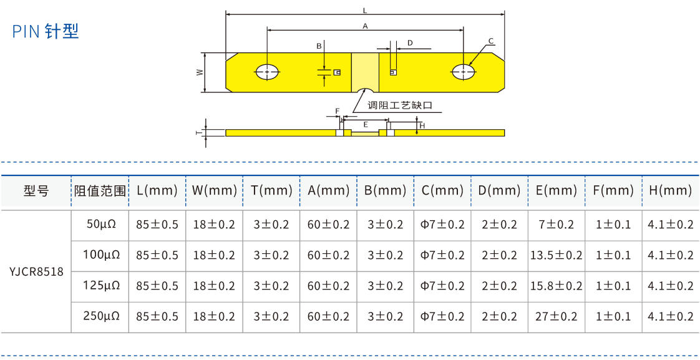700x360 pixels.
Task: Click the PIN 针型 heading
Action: tap(46, 31)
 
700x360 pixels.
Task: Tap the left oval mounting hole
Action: tap(268, 72)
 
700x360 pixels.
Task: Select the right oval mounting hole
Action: tap(463, 72)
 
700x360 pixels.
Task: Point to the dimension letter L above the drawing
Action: tap(365, 11)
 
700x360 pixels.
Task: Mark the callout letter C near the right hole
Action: tap(491, 41)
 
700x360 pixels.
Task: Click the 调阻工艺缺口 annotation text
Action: tap(399, 105)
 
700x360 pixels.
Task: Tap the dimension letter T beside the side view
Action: tap(198, 132)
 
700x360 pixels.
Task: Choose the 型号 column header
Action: tap(36, 191)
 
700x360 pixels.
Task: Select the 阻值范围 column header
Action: tap(100, 191)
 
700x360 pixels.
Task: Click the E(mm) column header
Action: tap(556, 191)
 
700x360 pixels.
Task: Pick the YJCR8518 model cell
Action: tap(36, 271)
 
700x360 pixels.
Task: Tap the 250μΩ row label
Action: tap(101, 316)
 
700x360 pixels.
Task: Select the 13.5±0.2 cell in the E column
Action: tap(556, 255)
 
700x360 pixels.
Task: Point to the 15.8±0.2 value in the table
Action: tap(556, 286)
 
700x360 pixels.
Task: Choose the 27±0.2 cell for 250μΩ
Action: tap(556, 316)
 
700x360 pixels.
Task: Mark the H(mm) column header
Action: tap(670, 191)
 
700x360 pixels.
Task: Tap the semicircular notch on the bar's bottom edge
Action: tap(364, 89)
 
